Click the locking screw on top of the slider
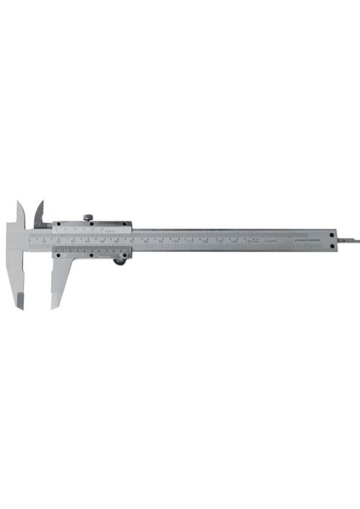coord(88,218)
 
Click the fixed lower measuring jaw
coord(20,271)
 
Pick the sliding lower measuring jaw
coord(59,276)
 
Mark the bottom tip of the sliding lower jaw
coord(53,306)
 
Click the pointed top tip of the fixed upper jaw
coord(19,202)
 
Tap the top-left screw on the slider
coord(58,225)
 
